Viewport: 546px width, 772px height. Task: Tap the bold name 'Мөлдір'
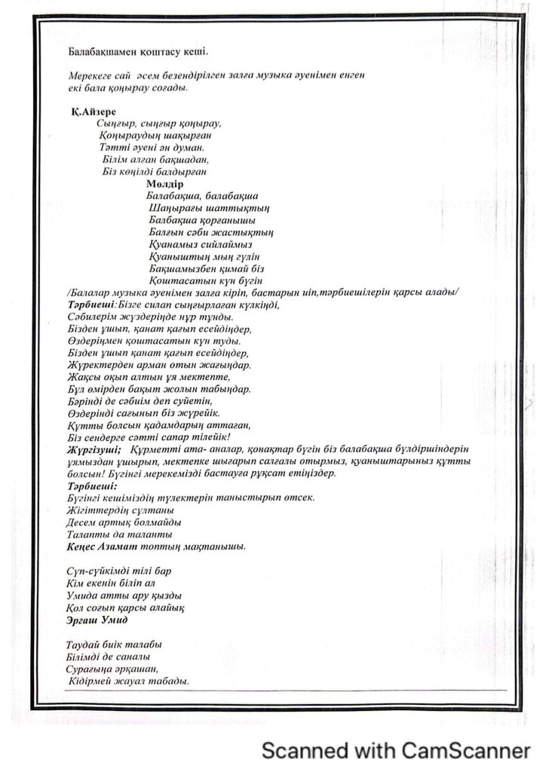166,183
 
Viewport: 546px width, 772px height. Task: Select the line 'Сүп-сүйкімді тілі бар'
114,571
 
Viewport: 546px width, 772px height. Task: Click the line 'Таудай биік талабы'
114,645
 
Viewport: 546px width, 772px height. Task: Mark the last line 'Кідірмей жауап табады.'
128,681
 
